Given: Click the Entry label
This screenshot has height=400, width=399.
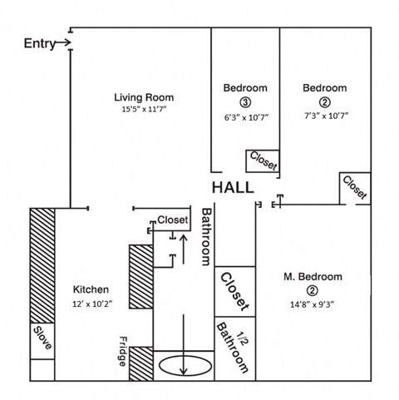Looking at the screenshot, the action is tap(40, 44).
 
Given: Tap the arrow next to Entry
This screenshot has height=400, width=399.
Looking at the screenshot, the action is tap(63, 43).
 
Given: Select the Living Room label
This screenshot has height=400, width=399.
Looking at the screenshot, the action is tap(144, 97).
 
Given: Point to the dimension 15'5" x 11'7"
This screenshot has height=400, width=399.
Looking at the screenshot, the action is tap(144, 109).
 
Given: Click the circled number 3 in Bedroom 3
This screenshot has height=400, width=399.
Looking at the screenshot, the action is tap(245, 102).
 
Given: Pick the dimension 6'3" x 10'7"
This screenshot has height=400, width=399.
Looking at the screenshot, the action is tap(246, 117).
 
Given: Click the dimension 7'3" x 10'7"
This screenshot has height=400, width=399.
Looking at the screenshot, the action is tap(326, 116).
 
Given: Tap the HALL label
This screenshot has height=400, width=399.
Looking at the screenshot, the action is tap(233, 188).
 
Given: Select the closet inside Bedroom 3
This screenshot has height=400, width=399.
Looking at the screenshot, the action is tap(263, 161).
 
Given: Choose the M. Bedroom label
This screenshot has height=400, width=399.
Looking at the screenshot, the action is tap(313, 277).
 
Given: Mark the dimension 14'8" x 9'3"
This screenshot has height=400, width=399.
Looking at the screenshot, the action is tap(313, 304).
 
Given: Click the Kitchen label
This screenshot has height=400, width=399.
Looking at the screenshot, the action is tap(91, 289).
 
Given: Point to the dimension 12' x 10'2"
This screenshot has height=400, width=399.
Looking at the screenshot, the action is tap(92, 304).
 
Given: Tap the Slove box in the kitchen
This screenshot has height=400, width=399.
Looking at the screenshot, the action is tap(42, 341).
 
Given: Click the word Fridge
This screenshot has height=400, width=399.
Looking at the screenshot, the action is tap(123, 352).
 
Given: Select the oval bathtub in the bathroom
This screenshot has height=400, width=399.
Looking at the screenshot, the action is tap(185, 366).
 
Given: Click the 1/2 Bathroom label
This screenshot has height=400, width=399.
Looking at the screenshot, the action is tap(234, 348).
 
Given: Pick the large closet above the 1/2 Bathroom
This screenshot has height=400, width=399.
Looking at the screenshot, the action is tap(235, 292).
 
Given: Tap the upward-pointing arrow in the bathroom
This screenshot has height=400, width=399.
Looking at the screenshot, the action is tap(183, 249).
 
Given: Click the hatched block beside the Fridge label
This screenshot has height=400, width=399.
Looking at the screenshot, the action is tap(141, 363).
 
